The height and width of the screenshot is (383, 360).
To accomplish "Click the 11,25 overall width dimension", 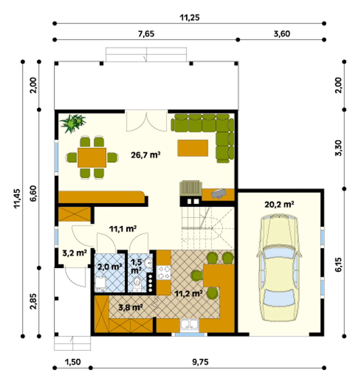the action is coord(189,18).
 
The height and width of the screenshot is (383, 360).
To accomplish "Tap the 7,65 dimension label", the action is coord(146,34).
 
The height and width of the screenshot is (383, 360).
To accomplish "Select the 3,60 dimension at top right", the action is coord(282,34).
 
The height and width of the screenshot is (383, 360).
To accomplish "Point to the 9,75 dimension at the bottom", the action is coord(200,362).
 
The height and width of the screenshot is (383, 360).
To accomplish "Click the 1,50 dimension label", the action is coord(73,362).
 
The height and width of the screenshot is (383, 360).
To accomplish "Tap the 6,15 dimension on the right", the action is coord(338,265).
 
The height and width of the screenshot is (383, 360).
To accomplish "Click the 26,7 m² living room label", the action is coord(146,155).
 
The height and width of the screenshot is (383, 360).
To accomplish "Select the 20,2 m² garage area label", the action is coord(279,204).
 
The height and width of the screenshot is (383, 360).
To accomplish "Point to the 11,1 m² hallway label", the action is coord(123,229).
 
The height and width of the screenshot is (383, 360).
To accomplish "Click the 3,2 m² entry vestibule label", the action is coord(75,253).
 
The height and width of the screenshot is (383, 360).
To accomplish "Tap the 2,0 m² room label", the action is coord(110,267).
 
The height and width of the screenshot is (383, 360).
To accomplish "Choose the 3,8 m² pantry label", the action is coord(130,307).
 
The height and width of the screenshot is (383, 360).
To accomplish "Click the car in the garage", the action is coord(279,268).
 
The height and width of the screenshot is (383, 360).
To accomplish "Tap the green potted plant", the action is coord(73,123).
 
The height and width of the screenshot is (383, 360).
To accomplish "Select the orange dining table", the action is coord(92,157).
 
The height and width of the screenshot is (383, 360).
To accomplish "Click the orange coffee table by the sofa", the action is coord(193,148).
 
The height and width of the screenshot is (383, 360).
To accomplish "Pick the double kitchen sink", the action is coord(190,325).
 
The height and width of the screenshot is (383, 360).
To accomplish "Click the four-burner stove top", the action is coord(164,273).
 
